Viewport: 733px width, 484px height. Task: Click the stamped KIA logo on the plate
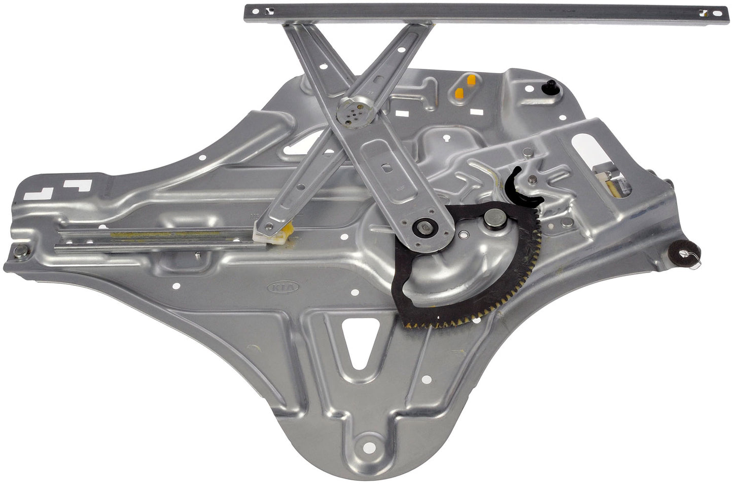pos(284,287)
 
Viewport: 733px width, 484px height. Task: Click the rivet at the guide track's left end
pos(20,250)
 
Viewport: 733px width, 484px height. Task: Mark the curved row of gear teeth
pos(487,309)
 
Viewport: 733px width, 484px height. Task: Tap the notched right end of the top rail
pos(717,14)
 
